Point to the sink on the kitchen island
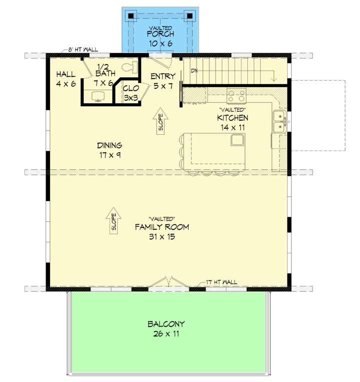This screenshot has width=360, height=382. click(236, 141)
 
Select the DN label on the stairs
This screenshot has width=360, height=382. click(194, 71)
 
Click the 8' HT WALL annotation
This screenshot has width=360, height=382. click(83, 50)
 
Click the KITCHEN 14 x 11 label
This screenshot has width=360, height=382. click(232, 123)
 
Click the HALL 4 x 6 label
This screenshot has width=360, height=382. click(65, 79)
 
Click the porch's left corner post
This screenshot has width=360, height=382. click(131, 16)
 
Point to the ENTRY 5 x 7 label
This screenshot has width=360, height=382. click(163, 81)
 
